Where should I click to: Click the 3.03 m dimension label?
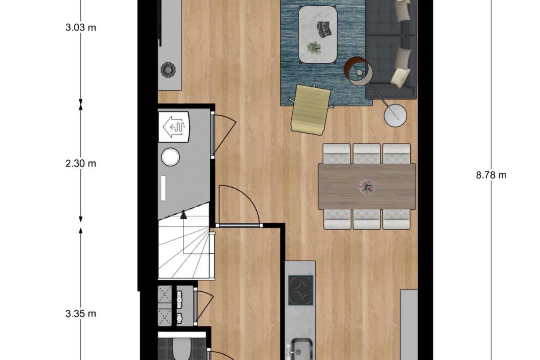[x=81, y=27]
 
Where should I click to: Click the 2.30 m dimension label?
[x=81, y=163]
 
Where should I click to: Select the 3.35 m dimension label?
[x=81, y=314]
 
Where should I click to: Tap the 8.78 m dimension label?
[x=491, y=175]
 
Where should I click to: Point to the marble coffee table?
[x=317, y=34]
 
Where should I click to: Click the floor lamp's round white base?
[x=395, y=116]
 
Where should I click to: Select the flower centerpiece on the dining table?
[x=366, y=186]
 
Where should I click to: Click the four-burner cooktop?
[x=301, y=290]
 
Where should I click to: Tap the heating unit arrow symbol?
[x=174, y=127]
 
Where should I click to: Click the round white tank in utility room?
[x=170, y=157]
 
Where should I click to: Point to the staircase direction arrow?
[x=183, y=215]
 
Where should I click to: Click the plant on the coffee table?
[x=314, y=47]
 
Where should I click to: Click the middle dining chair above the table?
[x=366, y=154]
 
